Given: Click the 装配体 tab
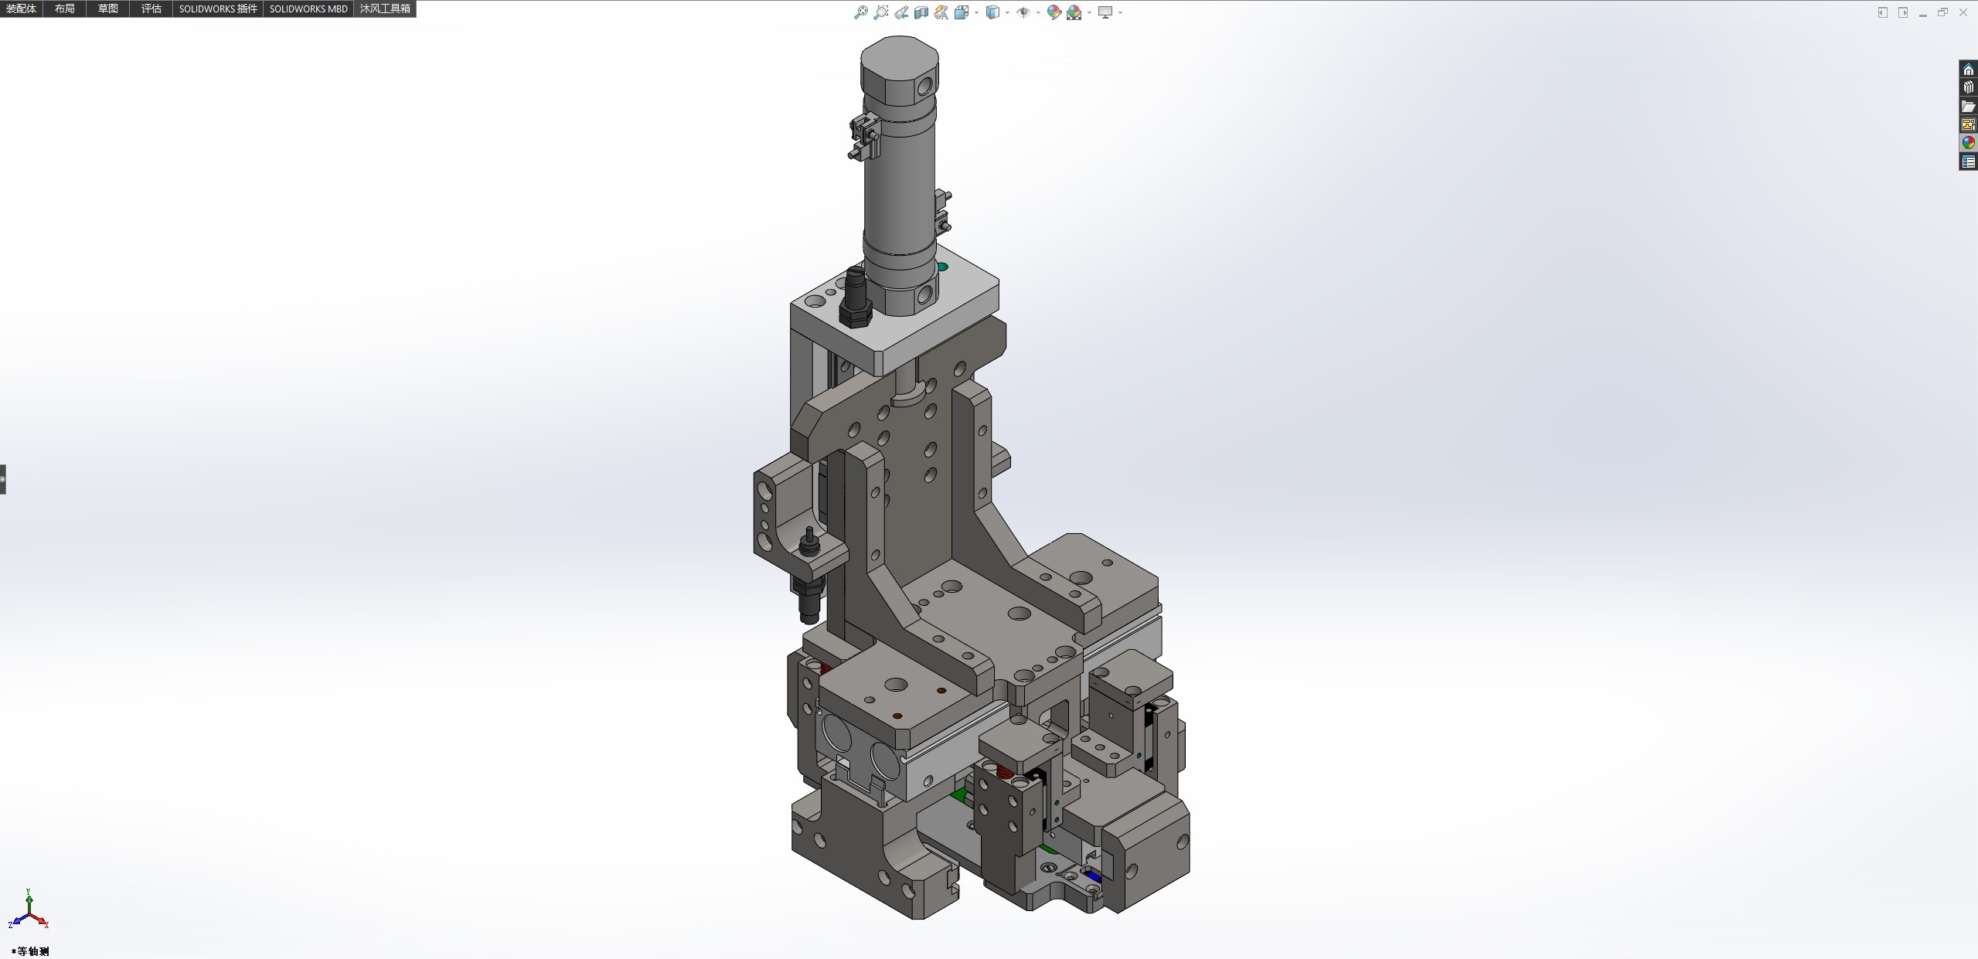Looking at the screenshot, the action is point(21,9).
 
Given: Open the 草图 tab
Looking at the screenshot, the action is point(108,9).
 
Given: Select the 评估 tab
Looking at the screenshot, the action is point(151,9).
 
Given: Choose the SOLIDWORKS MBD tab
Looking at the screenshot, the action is point(308,9).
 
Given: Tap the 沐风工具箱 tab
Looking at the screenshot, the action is point(385,9).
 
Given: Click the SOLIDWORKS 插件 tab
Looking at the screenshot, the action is point(218,9).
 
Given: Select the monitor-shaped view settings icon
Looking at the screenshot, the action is point(1105,12).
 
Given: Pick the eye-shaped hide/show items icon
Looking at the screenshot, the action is point(1023,12).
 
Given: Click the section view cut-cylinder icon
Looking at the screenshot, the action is point(921,12).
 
